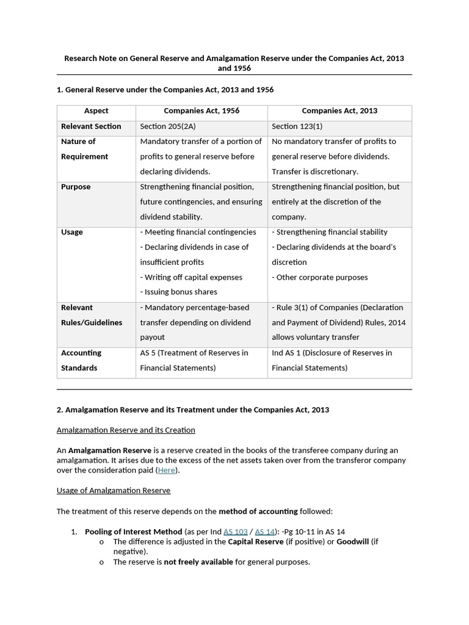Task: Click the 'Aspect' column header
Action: [96, 111]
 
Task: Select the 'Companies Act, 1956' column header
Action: [202, 111]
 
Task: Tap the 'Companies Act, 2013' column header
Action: [340, 111]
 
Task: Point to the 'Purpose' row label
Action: [76, 187]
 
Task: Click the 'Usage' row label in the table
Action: [72, 232]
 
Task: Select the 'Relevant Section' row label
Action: [91, 126]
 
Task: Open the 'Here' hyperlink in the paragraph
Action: [166, 471]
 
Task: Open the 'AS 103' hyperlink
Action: [235, 532]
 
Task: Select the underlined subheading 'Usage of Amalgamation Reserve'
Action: [114, 491]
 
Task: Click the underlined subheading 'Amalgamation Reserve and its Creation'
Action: [126, 430]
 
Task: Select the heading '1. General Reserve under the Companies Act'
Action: [165, 90]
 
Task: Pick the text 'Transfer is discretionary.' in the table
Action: [315, 172]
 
